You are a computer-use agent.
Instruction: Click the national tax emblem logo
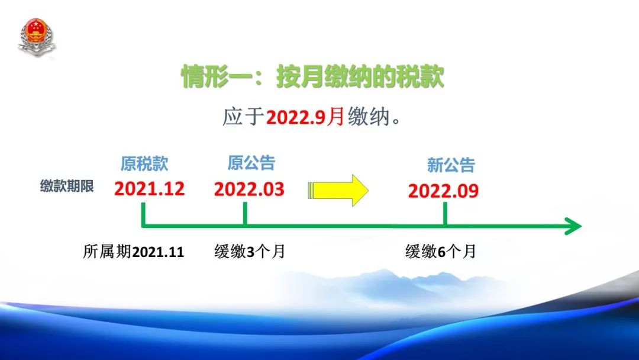(x=36, y=37)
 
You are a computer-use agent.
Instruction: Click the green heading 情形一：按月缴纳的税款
(x=312, y=76)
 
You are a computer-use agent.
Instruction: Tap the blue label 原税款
(x=144, y=164)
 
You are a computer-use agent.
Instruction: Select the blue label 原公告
(x=251, y=163)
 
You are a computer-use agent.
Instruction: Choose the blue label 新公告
(x=451, y=165)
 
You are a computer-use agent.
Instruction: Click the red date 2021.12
(x=150, y=189)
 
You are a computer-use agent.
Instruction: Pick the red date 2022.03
(x=249, y=189)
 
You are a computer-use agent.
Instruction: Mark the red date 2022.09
(x=443, y=191)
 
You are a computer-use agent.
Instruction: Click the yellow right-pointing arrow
(x=338, y=191)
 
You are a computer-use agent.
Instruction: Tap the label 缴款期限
(x=67, y=187)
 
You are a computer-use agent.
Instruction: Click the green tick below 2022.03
(x=245, y=213)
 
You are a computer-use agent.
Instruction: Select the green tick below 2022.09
(x=445, y=213)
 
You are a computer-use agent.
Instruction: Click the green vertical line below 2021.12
(x=143, y=214)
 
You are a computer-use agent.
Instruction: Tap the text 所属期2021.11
(x=134, y=252)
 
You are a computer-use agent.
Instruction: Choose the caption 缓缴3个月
(x=250, y=252)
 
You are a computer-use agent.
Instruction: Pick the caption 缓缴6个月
(x=441, y=252)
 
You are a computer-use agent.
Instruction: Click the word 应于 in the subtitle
(x=243, y=117)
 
